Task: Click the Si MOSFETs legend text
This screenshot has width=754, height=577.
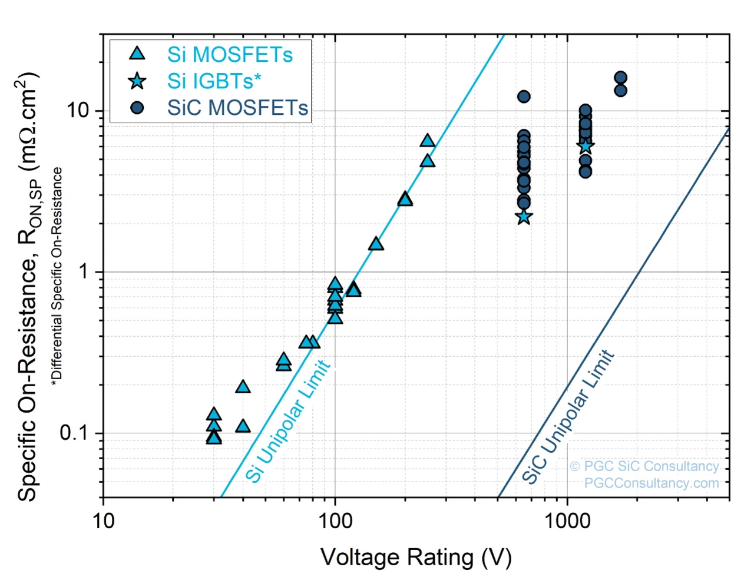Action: (x=230, y=55)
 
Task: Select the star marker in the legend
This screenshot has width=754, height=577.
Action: (x=137, y=81)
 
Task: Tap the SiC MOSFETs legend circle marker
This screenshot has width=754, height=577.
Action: (x=137, y=108)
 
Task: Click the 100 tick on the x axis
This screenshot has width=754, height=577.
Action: (x=335, y=520)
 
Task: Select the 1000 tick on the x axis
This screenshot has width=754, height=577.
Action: (x=567, y=520)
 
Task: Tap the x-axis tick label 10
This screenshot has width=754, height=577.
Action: (x=103, y=520)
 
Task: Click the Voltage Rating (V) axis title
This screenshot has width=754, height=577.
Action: (x=416, y=557)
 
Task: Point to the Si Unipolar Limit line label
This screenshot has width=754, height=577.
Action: (x=288, y=422)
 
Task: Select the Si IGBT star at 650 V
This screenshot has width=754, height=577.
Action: (x=524, y=217)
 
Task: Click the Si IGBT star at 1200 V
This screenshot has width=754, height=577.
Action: (x=585, y=145)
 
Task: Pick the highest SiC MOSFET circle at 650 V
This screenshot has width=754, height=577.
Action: (x=524, y=97)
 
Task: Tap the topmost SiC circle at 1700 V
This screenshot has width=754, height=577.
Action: (x=620, y=78)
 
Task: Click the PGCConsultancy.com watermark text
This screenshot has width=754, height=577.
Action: (x=652, y=483)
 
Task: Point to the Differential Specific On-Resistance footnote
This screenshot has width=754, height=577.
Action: (x=57, y=277)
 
